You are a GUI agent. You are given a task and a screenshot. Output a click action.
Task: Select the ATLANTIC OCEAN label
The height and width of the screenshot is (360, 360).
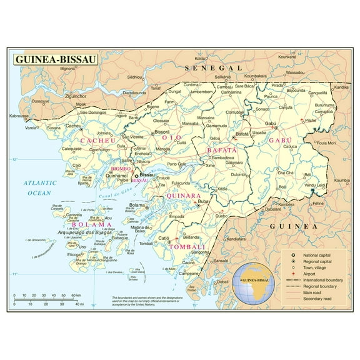click(x=37, y=187)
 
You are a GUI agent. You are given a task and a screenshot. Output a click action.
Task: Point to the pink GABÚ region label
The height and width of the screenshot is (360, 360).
click(x=280, y=141)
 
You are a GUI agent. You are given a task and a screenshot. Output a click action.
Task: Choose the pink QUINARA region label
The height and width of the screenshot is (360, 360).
click(x=182, y=196)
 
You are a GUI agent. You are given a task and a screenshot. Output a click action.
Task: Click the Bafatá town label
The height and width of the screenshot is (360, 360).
click(x=242, y=134)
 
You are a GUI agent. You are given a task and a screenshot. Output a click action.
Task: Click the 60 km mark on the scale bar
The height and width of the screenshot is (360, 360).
click(x=75, y=295)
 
